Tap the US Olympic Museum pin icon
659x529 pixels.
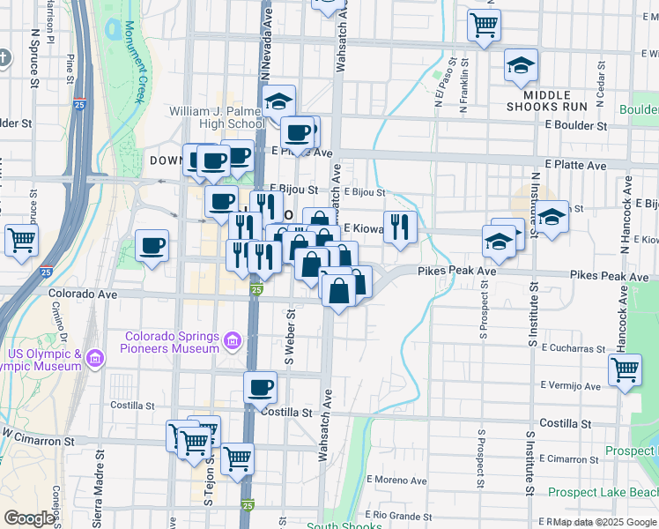click(x=95, y=359)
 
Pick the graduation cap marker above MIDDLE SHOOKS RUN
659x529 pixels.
click(x=521, y=65)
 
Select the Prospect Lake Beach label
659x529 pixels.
click(x=602, y=492)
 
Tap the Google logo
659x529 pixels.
click(x=29, y=518)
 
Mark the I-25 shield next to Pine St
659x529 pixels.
click(x=80, y=104)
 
